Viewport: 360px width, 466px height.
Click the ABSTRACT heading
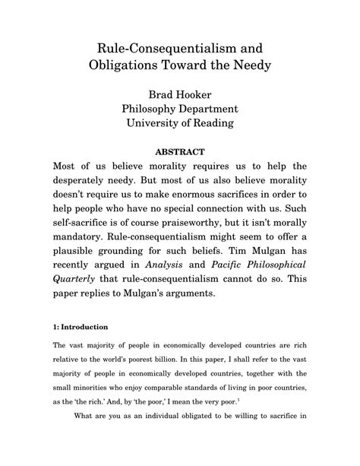click(180, 152)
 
